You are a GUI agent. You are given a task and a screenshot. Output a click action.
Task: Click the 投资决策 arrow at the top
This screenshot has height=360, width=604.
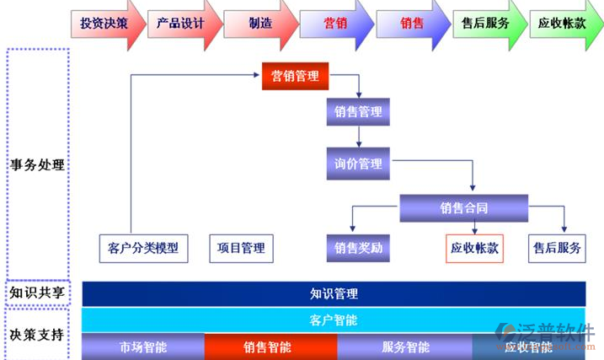pos(104,24)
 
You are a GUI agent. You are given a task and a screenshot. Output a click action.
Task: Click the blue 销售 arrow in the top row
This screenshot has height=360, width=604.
pos(410,24)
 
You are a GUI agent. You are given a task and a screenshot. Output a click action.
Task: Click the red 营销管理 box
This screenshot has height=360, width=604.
pos(295,77)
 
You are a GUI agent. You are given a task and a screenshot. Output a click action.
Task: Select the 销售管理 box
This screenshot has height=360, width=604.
pos(358,112)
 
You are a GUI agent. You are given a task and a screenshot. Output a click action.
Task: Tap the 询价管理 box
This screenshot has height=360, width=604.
pos(358,163)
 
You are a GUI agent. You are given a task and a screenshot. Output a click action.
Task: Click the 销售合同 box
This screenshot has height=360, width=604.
pos(463,207)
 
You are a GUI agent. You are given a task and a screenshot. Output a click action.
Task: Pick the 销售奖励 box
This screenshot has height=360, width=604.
pos(358,248)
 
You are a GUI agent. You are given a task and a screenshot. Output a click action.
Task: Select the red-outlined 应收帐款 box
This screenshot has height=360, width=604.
pos(474,248)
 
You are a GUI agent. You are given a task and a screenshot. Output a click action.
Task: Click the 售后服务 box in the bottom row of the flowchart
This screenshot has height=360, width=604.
pos(557,248)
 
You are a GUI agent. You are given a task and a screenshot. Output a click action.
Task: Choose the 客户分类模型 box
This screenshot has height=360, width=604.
pos(143,248)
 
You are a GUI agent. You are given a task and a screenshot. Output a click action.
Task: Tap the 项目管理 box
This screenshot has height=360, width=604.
pos(241,248)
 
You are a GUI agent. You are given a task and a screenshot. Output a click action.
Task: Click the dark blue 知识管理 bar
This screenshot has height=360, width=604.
pos(334,293)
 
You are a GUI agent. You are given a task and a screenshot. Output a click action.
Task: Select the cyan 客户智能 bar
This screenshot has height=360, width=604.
pos(334,320)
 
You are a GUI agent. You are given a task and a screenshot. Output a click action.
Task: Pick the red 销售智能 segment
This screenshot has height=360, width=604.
pos(270,347)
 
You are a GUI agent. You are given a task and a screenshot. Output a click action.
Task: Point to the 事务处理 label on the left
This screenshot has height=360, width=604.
pos(37,164)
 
